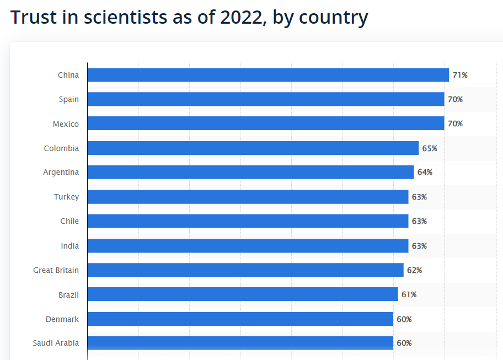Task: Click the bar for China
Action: pos(268,75)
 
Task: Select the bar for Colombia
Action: pos(253,148)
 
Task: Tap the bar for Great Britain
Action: pos(245,270)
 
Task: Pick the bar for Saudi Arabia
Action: pos(240,343)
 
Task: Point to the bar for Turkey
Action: pos(248,197)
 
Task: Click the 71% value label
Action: pos(460,75)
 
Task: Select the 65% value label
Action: pos(430,148)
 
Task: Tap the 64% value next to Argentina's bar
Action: pos(425,172)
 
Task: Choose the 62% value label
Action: pos(414,270)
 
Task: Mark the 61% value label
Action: pos(409,294)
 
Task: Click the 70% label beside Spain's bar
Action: pos(455,99)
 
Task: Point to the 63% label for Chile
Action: pos(419,221)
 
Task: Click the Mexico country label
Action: pos(66,124)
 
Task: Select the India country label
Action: pos(69,246)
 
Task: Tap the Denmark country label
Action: pos(62,319)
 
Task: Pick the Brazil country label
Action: pos(68,295)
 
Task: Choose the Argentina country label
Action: pos(61,172)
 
